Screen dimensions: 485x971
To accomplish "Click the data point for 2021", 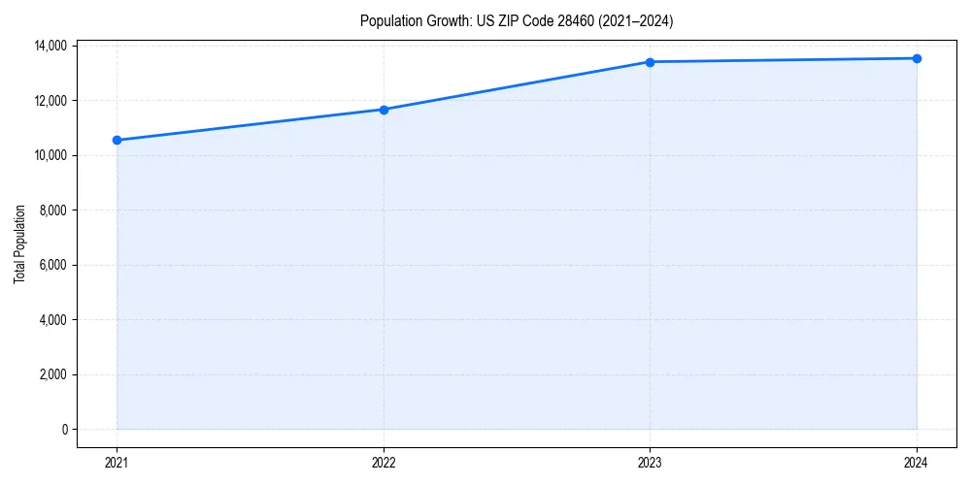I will (x=117, y=140).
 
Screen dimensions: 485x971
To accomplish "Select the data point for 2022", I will (x=384, y=110).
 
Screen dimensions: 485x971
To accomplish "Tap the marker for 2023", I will (x=650, y=62).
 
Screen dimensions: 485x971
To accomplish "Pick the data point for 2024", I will (x=917, y=58).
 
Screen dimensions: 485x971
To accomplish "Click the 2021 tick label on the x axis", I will (x=117, y=463).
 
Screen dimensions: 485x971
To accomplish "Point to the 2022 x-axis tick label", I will (x=384, y=463).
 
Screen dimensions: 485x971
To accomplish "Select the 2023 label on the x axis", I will (x=650, y=463).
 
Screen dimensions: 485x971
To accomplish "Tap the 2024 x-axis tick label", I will (x=917, y=463).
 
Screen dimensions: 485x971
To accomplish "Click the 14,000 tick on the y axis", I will (x=49, y=46).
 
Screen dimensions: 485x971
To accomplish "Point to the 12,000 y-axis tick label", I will (x=49, y=101).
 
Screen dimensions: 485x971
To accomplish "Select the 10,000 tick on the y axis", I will (x=49, y=155).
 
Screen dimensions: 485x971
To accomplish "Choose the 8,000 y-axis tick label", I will (x=51, y=210).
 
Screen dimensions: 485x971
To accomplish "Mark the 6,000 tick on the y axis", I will (x=51, y=265).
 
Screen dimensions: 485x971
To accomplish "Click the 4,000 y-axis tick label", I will (x=51, y=320).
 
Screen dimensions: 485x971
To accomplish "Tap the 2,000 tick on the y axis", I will (x=51, y=374).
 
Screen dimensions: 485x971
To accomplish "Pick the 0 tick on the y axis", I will (x=64, y=430).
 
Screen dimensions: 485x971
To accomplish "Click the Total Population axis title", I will (x=20, y=243).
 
